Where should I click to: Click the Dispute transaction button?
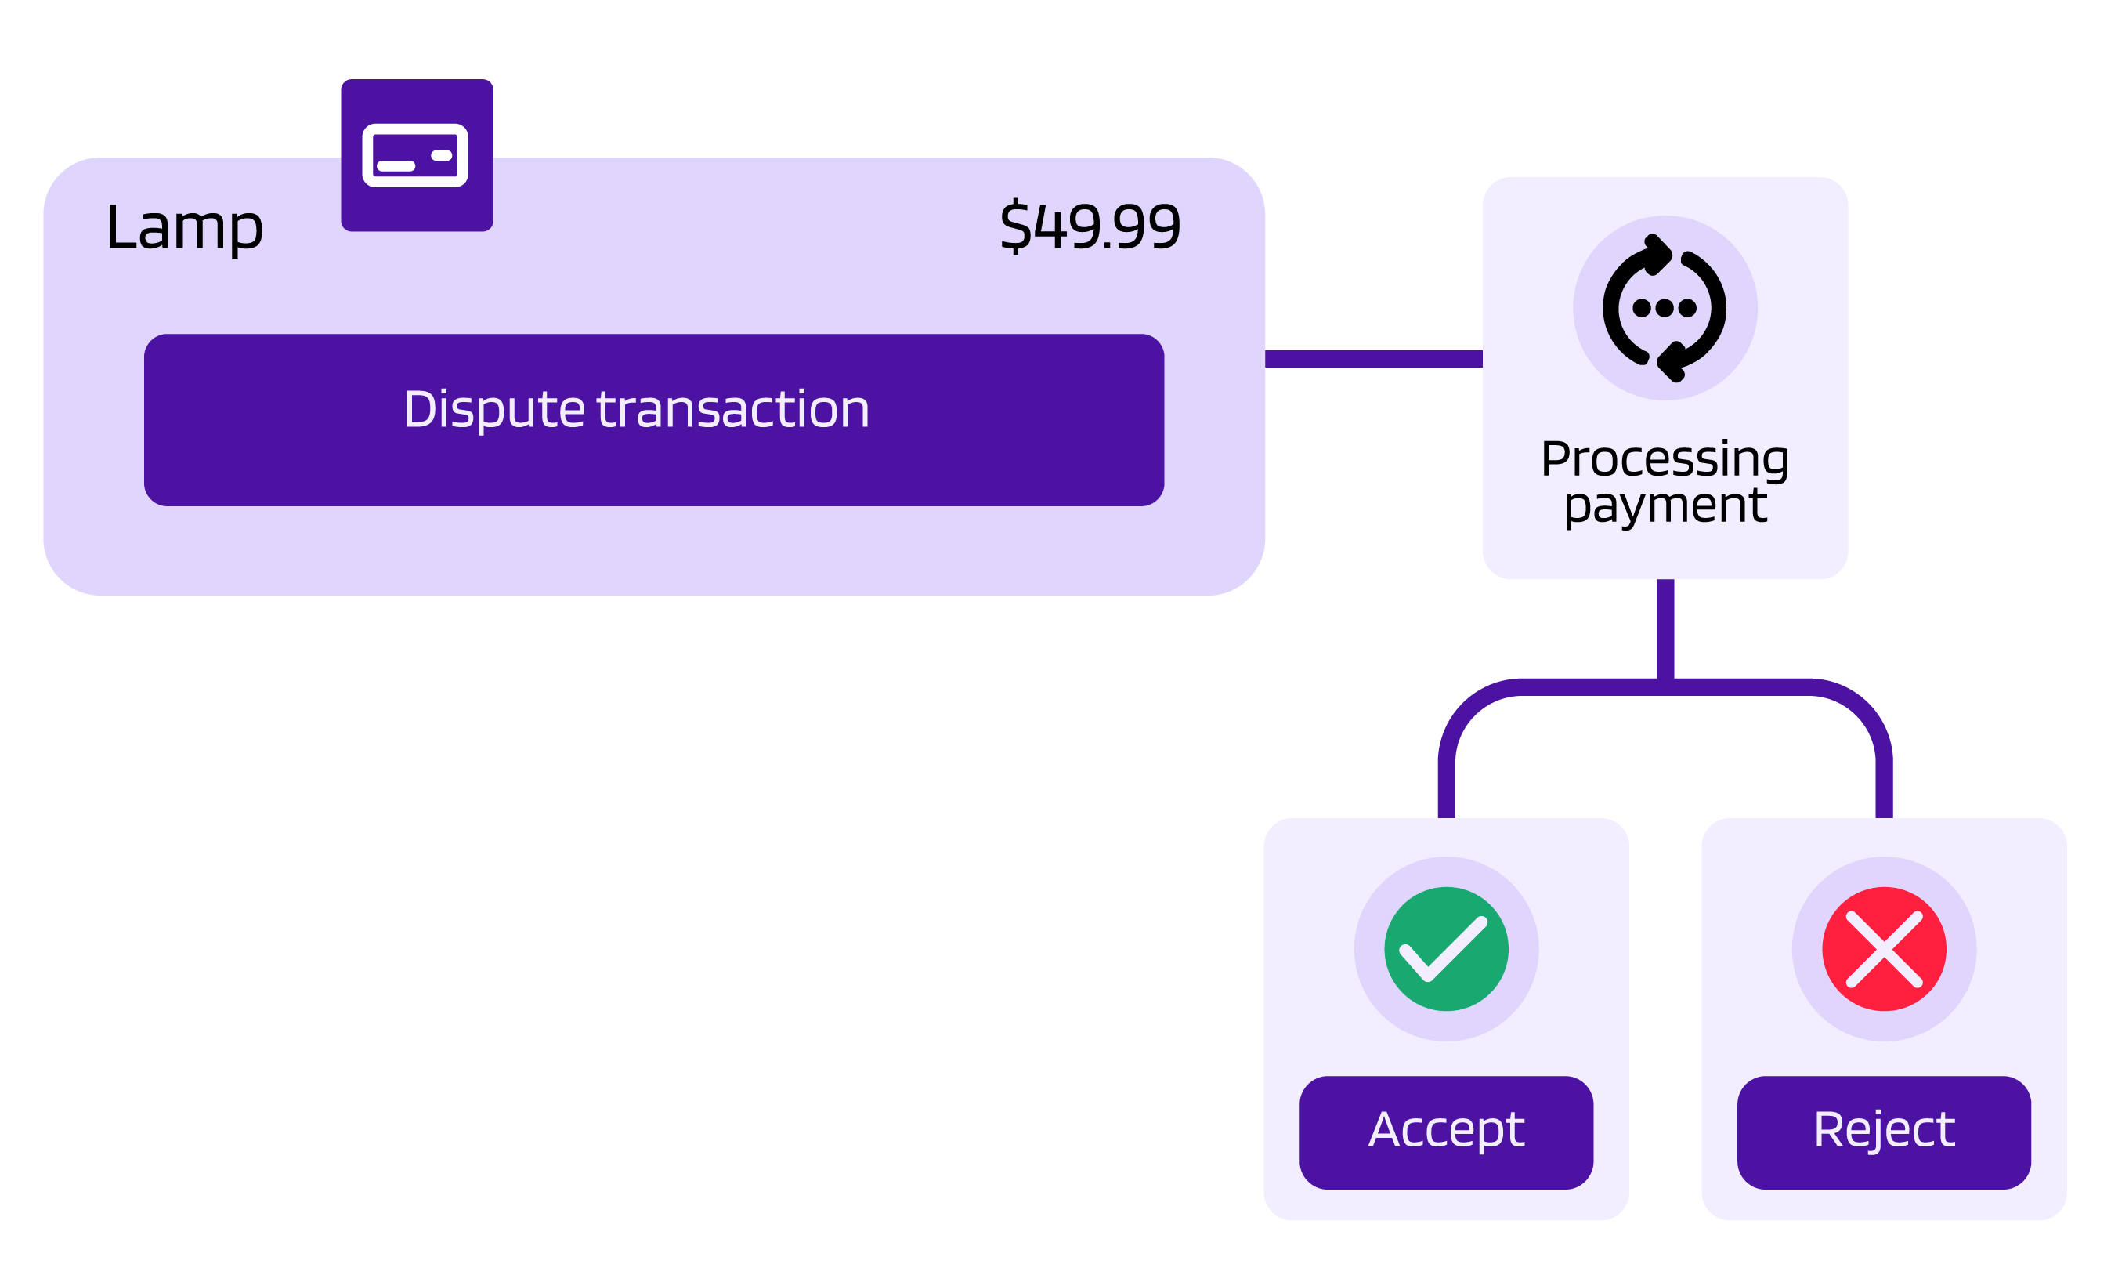point(654,420)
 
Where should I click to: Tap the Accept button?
point(1446,1132)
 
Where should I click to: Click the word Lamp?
point(184,228)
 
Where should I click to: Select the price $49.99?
point(1090,227)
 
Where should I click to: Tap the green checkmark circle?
point(1446,948)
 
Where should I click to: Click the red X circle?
point(1884,948)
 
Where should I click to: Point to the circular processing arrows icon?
point(1665,308)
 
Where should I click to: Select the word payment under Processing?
point(1665,505)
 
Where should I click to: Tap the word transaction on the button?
point(732,410)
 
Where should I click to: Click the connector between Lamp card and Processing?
point(1373,358)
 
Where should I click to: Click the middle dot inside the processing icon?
point(1665,308)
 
